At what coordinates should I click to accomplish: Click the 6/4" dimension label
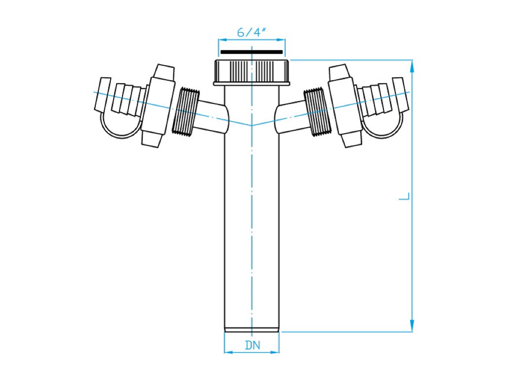[252, 32]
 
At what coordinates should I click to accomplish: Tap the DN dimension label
[253, 345]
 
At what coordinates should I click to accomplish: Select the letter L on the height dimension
[404, 196]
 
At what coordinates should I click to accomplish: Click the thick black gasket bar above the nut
[252, 51]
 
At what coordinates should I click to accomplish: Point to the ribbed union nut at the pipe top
[252, 72]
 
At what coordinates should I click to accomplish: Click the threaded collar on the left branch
[185, 110]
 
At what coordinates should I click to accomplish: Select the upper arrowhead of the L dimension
[412, 67]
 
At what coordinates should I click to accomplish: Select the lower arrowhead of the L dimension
[412, 325]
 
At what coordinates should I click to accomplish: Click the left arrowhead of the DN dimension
[228, 352]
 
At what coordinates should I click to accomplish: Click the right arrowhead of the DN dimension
[275, 352]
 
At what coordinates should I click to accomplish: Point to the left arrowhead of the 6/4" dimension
[223, 40]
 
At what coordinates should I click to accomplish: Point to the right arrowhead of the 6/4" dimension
[281, 40]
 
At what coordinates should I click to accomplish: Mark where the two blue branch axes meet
[252, 125]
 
